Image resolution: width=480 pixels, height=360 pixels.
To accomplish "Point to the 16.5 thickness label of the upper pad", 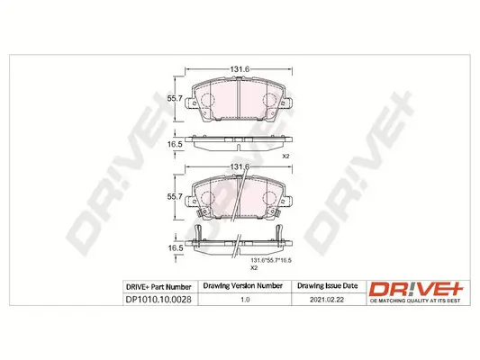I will (x=177, y=143).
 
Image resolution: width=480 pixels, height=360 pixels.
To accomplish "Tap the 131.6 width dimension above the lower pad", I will (x=237, y=168).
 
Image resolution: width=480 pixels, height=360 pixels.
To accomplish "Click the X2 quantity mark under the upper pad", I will (x=286, y=157).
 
